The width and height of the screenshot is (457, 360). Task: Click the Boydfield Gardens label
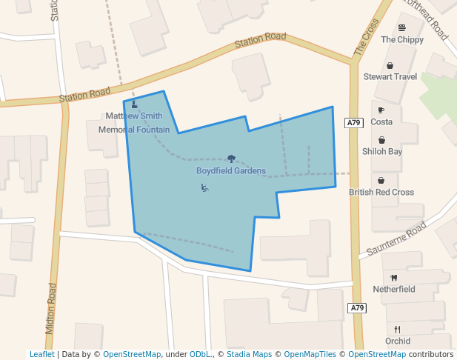coord(231,171)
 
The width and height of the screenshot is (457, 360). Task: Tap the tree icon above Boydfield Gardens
coord(231,159)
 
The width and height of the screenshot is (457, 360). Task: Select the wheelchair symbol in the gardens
coord(205,188)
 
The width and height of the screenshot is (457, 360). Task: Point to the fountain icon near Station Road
coord(134,104)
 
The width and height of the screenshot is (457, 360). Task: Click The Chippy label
coord(402,39)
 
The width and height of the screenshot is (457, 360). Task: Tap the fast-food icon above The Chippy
coord(401,27)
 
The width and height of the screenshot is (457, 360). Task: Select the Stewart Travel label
coord(390,76)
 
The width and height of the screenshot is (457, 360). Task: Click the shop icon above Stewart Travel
coord(390,65)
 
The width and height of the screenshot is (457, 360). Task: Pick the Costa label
coord(381,121)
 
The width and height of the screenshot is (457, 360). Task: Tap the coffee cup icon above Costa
coord(381,110)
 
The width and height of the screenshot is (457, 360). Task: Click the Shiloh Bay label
coord(381,151)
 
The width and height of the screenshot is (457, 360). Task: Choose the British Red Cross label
coord(381,192)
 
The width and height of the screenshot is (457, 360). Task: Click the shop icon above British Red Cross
coord(381,180)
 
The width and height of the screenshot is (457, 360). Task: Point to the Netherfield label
coord(394,289)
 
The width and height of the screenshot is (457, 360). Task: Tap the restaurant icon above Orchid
coord(398,330)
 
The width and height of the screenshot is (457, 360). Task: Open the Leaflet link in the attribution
coord(41,354)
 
